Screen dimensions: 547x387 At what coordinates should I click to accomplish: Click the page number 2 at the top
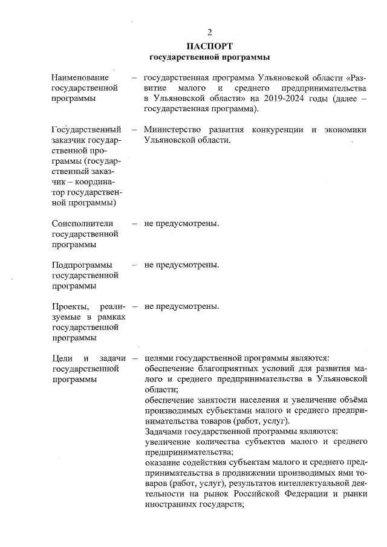[x=209, y=32]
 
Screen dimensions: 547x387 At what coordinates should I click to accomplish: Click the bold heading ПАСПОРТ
[x=209, y=45]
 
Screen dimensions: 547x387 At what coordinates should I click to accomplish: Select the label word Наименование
[x=80, y=78]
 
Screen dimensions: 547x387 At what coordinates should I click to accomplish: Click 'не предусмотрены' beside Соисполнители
[x=181, y=224]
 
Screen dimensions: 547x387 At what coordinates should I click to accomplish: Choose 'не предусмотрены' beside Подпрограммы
[x=181, y=265]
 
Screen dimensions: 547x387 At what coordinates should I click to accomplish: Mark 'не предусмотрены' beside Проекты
[x=181, y=306]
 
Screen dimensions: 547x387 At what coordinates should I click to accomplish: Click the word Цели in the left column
[x=63, y=358]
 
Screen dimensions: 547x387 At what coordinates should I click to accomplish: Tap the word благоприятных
[x=228, y=369]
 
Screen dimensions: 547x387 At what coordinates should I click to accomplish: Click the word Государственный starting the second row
[x=86, y=129]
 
